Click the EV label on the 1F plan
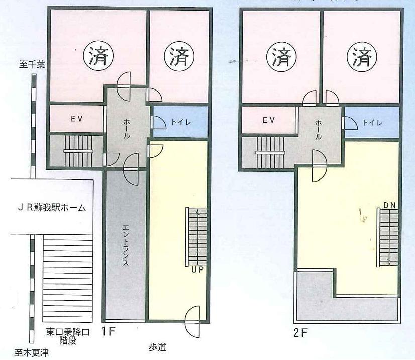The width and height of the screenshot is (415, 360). [77, 119]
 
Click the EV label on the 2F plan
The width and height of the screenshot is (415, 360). [269, 120]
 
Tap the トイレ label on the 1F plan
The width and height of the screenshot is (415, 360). [181, 122]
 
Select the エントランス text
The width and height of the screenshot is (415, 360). [126, 245]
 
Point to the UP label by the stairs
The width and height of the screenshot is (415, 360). [198, 270]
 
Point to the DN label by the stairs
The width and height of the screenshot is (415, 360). [389, 205]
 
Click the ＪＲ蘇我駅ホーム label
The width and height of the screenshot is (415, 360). [52, 208]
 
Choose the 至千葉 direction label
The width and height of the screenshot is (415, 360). [32, 65]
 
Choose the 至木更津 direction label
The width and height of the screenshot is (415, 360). [32, 353]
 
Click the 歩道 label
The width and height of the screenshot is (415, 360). [157, 347]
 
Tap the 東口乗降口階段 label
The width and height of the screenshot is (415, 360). [68, 336]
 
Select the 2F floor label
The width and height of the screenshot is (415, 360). [300, 333]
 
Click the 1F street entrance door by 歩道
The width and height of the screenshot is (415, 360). [193, 322]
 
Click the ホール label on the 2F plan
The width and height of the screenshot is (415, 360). [318, 130]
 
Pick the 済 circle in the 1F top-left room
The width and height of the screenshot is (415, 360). [98, 56]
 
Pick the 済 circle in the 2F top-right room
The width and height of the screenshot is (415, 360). [363, 57]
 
